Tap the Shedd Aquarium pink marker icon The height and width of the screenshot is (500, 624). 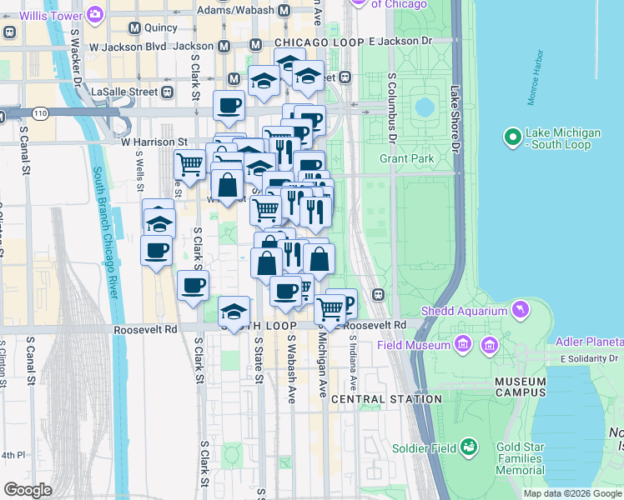coord(521,311)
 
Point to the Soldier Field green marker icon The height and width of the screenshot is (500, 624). coord(469,448)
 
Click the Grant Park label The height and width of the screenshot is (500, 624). coord(406,157)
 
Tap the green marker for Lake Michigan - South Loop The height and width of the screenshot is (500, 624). coord(511,135)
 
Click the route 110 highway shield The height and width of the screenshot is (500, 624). coord(39,112)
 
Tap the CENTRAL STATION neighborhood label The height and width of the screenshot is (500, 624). coord(386,399)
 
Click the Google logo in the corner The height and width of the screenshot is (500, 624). coord(28,490)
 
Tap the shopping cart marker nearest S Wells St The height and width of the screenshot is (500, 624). coord(190,165)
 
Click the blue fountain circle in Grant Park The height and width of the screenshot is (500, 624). coord(425,107)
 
